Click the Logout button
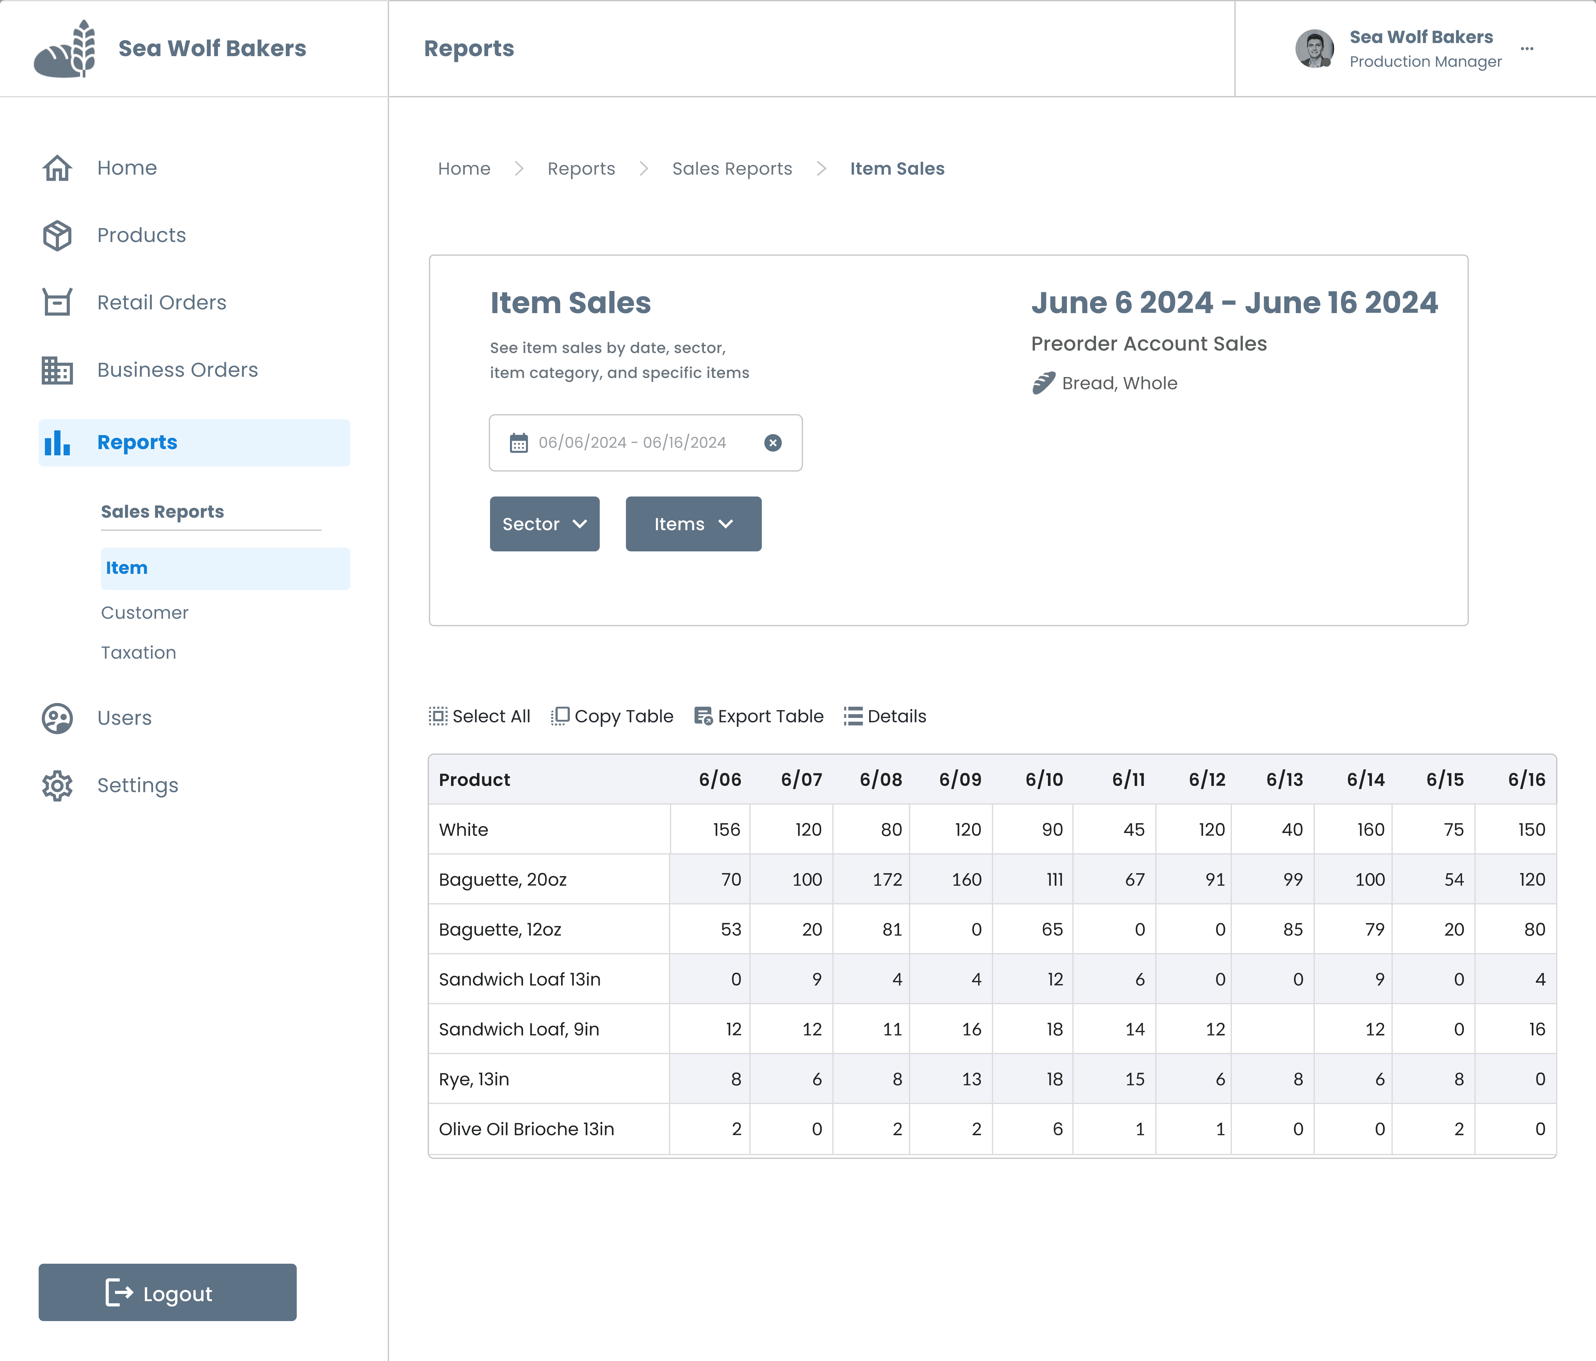click(167, 1292)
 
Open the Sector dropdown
click(545, 524)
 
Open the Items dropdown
click(693, 524)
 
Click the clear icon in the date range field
click(772, 442)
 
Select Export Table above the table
click(759, 716)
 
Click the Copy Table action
click(612, 716)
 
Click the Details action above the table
click(885, 716)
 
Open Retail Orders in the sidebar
click(161, 302)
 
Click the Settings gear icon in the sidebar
click(57, 785)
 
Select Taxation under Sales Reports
click(139, 653)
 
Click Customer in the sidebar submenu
click(145, 613)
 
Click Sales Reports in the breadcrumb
click(732, 169)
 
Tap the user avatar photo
click(1314, 49)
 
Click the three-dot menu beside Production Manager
click(1527, 49)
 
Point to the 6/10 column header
click(1044, 779)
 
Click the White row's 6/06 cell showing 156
click(710, 829)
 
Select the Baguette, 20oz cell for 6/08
click(871, 879)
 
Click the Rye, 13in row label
click(474, 1079)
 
